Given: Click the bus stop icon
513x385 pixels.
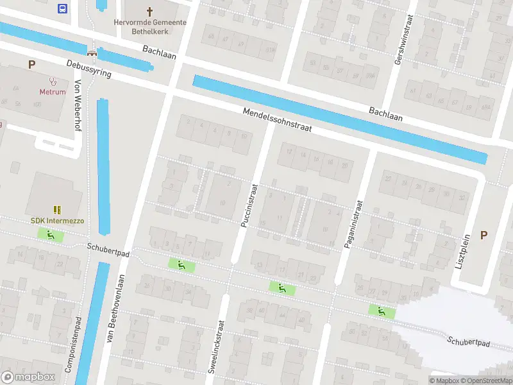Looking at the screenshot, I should point(62,8).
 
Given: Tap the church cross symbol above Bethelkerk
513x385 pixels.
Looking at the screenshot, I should point(150,11).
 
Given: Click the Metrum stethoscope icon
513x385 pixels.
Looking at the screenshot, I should point(53,81).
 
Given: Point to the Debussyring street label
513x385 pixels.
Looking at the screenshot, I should point(88,69).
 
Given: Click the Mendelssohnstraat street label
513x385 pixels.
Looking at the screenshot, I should point(276,120).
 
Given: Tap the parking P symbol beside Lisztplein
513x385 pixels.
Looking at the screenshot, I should point(484,235).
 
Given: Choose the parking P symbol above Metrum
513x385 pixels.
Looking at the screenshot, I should point(31,64).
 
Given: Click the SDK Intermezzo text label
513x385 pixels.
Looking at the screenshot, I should point(57,221).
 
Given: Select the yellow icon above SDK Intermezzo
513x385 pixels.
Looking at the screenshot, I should point(57,210).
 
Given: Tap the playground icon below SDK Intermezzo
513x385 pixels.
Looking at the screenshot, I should point(50,235).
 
